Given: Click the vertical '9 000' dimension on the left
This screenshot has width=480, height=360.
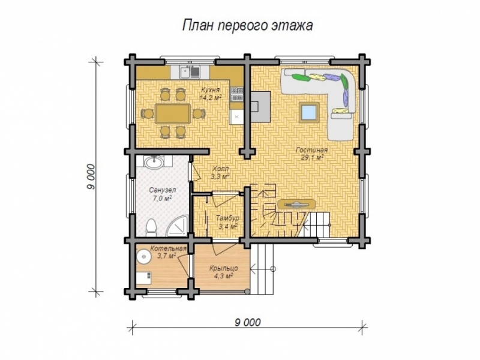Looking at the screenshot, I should pos(91,177).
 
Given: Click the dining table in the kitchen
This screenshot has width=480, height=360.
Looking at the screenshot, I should pos(173,113).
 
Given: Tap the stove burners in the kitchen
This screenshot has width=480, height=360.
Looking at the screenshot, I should pos(236,93).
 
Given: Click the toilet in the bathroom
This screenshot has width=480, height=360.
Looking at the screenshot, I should pos(152,227).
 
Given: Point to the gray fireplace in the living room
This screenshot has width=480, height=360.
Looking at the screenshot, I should pos(260,103).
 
